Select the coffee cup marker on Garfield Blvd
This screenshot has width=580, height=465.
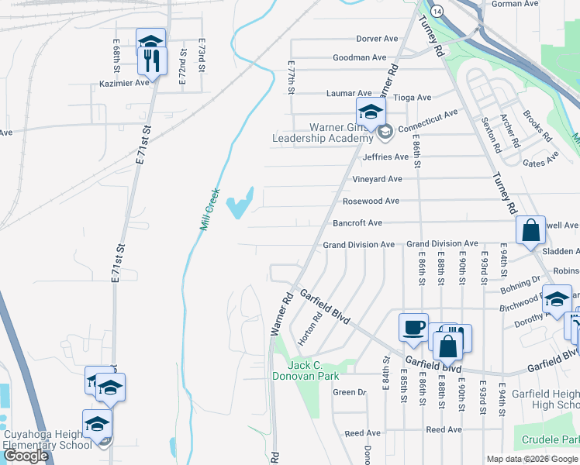413,327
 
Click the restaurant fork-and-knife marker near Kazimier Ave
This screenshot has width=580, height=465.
153,61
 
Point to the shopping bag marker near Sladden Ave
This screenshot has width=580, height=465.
531,231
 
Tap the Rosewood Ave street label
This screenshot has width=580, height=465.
371,201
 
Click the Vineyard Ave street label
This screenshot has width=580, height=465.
378,179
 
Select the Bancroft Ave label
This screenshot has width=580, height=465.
357,223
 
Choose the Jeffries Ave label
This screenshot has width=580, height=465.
385,157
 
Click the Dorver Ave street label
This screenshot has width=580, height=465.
377,39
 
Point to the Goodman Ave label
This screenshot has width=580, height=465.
359,57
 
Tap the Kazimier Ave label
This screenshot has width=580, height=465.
124,83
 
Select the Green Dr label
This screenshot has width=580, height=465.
349,392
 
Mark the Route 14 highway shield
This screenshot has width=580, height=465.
438,12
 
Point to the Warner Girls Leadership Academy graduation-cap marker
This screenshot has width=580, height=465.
370,112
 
